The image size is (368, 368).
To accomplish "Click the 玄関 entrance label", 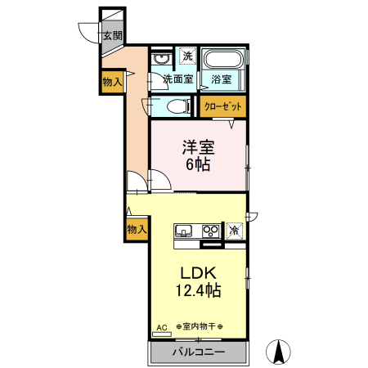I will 113,36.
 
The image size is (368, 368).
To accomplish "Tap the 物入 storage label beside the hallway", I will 112,81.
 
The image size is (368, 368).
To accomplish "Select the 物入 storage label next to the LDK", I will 137,230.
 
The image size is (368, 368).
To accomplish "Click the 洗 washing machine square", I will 187,56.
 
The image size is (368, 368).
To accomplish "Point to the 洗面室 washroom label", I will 177,79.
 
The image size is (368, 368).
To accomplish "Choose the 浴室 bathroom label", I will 221,79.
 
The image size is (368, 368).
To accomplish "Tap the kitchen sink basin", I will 183,230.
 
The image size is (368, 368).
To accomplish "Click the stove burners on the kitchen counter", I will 211,230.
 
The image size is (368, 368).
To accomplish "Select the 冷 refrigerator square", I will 235,230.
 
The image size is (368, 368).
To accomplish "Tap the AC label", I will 161,327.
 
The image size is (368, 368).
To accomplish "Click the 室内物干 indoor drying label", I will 199,327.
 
